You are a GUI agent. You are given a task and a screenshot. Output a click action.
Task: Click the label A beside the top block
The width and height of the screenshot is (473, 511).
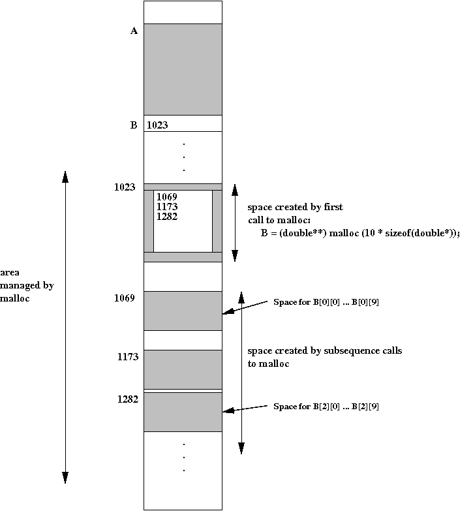[134, 31]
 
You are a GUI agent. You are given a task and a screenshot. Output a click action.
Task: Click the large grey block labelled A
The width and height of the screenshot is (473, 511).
[183, 69]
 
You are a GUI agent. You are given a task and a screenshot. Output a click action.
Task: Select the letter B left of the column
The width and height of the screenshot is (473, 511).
[134, 125]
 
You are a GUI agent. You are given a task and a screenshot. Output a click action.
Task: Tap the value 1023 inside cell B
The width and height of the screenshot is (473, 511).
[158, 125]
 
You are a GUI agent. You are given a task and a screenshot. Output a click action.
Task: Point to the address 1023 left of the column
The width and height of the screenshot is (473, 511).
[124, 187]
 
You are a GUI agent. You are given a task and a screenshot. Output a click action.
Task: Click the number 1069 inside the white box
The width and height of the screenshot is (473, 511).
[167, 196]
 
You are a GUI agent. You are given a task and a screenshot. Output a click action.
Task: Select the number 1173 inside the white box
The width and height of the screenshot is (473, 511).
[167, 207]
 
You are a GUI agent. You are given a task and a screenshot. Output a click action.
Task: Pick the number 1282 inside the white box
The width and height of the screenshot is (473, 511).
[167, 217]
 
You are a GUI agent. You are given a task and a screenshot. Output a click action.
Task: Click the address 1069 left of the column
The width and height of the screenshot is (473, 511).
[124, 298]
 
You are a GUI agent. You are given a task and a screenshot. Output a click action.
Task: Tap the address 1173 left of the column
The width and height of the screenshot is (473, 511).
[127, 357]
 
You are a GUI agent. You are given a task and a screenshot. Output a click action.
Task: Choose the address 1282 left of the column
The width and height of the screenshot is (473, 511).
[127, 399]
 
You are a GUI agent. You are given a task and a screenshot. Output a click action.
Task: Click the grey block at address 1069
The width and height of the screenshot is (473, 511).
[183, 311]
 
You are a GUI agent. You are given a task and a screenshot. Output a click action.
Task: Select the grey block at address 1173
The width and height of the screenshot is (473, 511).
[183, 369]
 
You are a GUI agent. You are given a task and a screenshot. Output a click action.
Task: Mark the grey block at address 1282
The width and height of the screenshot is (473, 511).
[183, 412]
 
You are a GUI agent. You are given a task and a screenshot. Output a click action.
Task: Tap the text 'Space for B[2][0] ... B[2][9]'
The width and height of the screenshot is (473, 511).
[326, 407]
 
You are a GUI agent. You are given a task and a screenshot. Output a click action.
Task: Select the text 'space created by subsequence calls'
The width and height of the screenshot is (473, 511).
[324, 351]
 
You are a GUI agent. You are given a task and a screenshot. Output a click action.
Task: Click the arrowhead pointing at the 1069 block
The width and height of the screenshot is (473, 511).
[226, 314]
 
